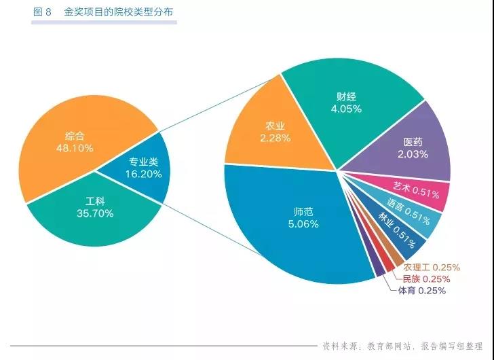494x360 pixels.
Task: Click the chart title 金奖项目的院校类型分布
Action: click(x=118, y=12)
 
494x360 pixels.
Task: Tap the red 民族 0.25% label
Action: click(x=425, y=278)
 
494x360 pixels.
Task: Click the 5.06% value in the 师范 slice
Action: click(x=303, y=224)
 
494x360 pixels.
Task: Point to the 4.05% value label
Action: click(x=346, y=108)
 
